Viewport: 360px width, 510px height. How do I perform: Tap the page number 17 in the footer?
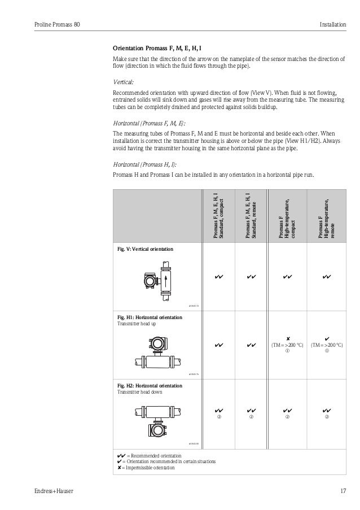pyautogui.click(x=343, y=491)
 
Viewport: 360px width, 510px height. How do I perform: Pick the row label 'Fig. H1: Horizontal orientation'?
pyautogui.click(x=150, y=317)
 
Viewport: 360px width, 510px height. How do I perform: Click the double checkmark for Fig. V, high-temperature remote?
pyautogui.click(x=326, y=277)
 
